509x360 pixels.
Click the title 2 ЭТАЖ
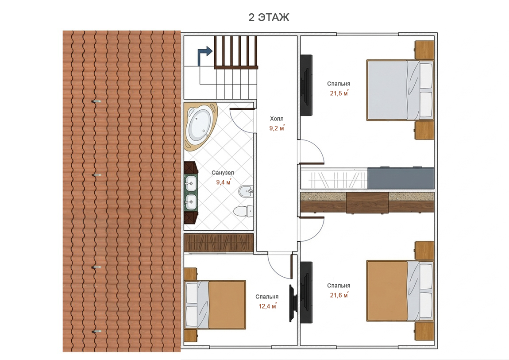click(269, 17)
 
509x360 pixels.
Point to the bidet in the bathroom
click(246, 192)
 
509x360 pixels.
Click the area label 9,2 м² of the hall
click(277, 128)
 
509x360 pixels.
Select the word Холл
click(277, 119)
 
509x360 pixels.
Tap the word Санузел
click(223, 173)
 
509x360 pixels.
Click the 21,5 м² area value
click(339, 93)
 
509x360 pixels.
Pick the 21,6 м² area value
click(339, 295)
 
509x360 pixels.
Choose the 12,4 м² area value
click(267, 306)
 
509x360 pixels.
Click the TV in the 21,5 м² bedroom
click(306, 85)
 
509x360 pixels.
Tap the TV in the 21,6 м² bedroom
click(306, 292)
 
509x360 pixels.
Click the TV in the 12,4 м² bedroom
click(293, 303)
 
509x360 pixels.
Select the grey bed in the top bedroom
click(400, 90)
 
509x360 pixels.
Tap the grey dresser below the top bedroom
click(401, 178)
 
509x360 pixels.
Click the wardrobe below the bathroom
click(219, 243)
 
